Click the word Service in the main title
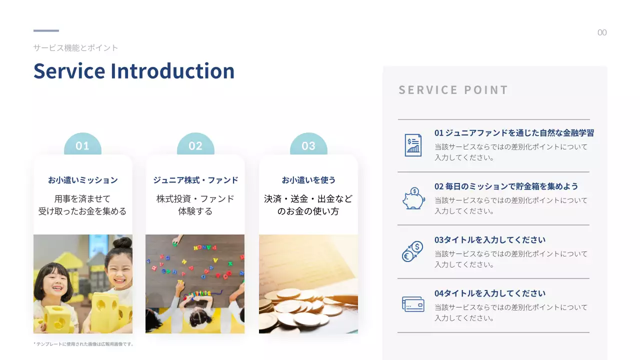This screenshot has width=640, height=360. (69, 71)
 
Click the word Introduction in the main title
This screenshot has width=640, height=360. (172, 71)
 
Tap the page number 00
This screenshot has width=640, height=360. (602, 33)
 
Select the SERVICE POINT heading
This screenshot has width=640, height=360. (453, 90)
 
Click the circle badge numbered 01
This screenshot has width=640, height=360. (82, 145)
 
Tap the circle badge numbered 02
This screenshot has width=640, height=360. (195, 145)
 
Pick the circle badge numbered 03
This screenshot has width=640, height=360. (308, 145)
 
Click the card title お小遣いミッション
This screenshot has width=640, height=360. (82, 180)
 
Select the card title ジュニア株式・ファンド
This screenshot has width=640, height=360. (195, 180)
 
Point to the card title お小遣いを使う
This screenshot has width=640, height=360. (308, 180)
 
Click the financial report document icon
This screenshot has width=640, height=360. (413, 145)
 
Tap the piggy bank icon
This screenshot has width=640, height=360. (413, 198)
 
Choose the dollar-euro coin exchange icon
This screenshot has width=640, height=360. (413, 251)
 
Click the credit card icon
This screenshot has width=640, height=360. (413, 304)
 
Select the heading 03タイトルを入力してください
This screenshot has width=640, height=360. (490, 240)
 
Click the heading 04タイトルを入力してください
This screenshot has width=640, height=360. (490, 293)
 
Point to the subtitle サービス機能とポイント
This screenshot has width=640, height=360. (75, 48)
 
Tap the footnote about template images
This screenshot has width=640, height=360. (83, 344)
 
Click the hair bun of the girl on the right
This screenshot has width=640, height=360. (122, 243)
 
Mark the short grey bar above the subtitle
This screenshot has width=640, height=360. (46, 31)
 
